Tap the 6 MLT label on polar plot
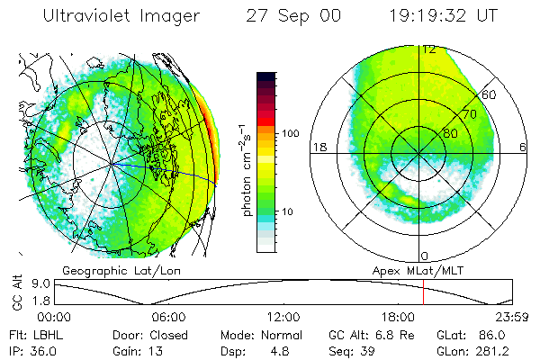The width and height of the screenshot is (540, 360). click(524, 147)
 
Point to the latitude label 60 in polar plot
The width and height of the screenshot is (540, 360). click(489, 94)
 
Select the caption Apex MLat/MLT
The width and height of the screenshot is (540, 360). click(410, 270)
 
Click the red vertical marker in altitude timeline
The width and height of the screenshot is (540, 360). click(423, 292)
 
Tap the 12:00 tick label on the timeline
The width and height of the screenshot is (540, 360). click(283, 317)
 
